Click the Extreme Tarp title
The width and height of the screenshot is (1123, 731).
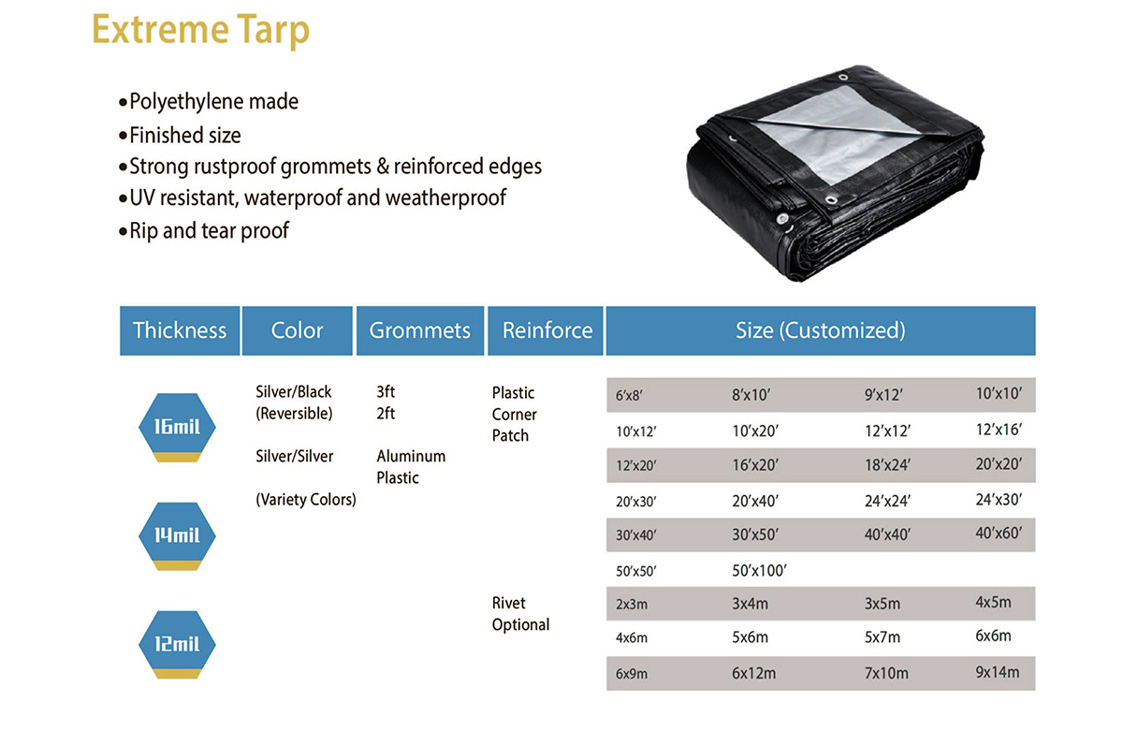(x=200, y=30)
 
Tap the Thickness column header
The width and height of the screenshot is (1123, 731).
(x=180, y=330)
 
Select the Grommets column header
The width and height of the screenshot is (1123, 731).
(x=420, y=330)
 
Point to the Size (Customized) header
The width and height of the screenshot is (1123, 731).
(x=821, y=330)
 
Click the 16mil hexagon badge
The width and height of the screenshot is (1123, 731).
(x=177, y=427)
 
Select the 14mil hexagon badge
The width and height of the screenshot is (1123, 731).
(x=177, y=536)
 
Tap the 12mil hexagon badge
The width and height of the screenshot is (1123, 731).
(x=177, y=645)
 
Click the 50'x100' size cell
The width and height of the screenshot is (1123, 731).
(x=759, y=571)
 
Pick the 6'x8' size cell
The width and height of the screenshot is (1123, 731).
(x=629, y=396)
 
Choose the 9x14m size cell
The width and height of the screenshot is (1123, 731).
(x=998, y=672)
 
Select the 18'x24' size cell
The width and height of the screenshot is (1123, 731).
(x=887, y=465)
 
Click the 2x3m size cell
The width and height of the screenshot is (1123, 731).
(x=632, y=604)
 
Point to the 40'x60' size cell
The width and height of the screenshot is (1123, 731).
(x=999, y=533)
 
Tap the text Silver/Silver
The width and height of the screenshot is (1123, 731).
(x=294, y=456)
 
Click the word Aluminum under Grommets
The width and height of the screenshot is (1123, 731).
(x=411, y=456)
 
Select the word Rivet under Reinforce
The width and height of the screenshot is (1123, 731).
(x=509, y=603)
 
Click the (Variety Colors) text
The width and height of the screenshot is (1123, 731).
(x=306, y=500)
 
